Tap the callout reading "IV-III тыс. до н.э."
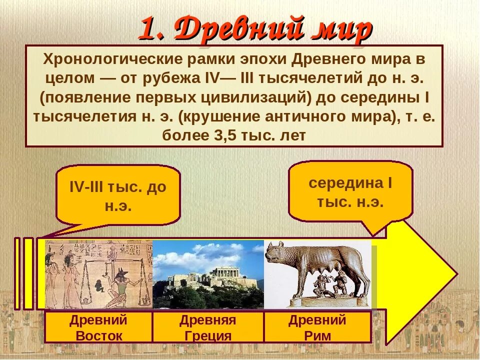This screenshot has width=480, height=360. pos(118,196)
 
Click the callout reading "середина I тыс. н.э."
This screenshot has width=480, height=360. pos(350,192)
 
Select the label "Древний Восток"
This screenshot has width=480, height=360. pos(98,327)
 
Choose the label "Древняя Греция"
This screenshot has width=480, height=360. pos(208,327)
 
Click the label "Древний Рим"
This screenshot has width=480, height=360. pos(317,327)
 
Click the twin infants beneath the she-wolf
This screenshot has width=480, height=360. pos(329,284)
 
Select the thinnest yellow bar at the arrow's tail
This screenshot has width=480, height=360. pos(17,273)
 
